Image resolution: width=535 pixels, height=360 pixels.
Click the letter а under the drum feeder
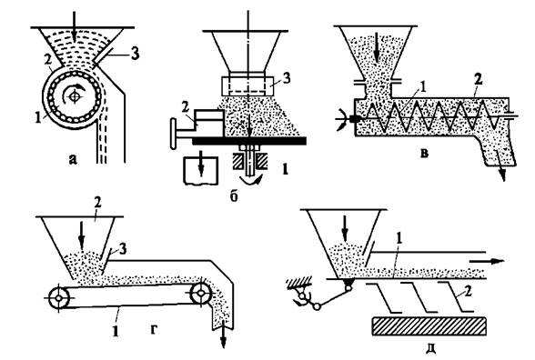click(x=73, y=159)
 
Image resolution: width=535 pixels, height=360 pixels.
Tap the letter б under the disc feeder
click(x=234, y=196)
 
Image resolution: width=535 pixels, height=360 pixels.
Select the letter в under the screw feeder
click(x=424, y=154)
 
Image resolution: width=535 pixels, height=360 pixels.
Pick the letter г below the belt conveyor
click(x=154, y=330)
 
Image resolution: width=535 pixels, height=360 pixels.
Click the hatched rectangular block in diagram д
click(x=429, y=326)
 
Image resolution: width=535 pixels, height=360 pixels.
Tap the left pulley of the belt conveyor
click(x=58, y=298)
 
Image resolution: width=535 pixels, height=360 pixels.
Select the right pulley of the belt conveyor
click(x=200, y=293)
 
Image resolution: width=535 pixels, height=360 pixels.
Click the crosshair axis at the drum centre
click(x=75, y=97)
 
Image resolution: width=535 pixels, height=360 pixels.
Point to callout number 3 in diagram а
click(x=135, y=54)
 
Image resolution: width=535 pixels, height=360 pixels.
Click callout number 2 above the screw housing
click(x=479, y=80)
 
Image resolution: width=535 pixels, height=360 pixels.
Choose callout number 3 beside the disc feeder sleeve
click(x=287, y=78)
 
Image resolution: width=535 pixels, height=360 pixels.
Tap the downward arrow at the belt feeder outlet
click(x=224, y=338)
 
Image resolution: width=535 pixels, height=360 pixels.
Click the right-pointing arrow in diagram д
click(x=487, y=262)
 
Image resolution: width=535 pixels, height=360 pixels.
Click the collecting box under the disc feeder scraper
click(x=201, y=171)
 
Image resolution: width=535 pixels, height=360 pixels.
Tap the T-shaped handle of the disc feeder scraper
click(x=173, y=133)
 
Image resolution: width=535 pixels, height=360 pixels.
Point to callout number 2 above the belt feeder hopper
click(x=97, y=204)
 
